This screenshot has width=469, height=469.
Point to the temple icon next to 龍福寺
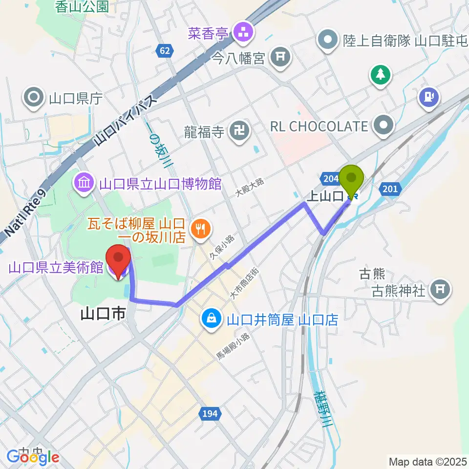[239, 131]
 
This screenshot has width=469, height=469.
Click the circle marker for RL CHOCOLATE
[384, 126]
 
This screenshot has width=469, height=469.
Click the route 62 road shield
[165, 50]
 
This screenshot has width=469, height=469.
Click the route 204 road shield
[331, 179]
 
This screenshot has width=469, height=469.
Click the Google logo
[33, 457]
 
